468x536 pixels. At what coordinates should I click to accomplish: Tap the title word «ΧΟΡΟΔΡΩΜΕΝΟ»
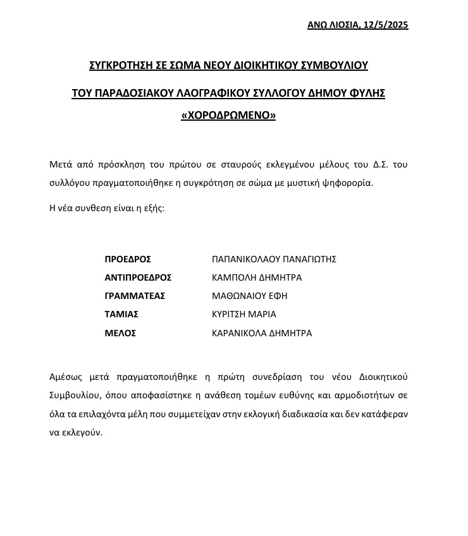coord(228,116)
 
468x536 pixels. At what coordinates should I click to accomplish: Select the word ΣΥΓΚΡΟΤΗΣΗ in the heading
coord(119,64)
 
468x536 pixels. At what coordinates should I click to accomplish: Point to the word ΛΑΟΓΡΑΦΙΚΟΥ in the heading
coord(228,93)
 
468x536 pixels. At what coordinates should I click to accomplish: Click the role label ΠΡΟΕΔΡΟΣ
coord(128,259)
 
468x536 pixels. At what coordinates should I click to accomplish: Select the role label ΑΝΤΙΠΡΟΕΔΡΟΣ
coord(138,277)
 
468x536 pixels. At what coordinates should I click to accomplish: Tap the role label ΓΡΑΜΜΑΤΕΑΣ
coord(135,296)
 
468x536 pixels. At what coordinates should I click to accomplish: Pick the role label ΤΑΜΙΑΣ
coord(121,314)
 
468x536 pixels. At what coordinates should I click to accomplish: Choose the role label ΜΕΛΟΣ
coord(120,333)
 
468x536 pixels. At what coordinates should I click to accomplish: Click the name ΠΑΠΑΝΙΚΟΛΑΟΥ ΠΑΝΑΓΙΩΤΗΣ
coord(274,259)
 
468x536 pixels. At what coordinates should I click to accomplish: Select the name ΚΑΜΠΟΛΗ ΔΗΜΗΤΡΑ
coord(256,277)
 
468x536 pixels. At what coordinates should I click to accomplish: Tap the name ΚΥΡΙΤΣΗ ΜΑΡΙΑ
coord(243,314)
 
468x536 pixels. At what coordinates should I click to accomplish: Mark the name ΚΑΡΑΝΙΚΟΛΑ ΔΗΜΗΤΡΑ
coord(261,333)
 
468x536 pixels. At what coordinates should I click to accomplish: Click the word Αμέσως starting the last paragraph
coord(66,377)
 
